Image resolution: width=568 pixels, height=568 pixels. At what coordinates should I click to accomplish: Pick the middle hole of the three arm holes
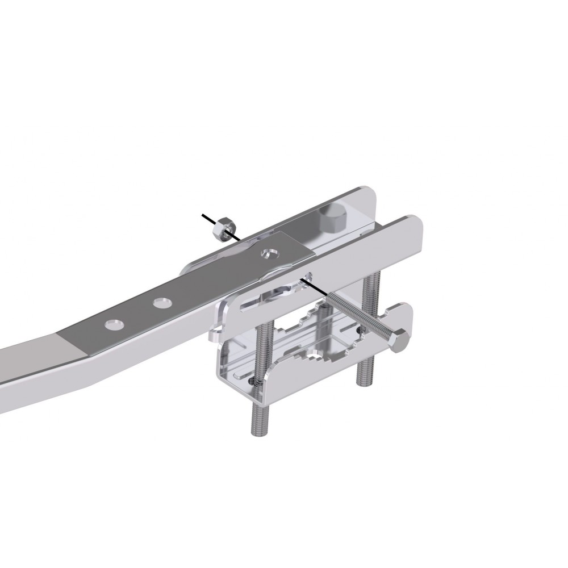point(162,302)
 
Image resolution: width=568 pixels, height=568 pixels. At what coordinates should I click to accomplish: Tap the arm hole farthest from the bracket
point(114,324)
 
